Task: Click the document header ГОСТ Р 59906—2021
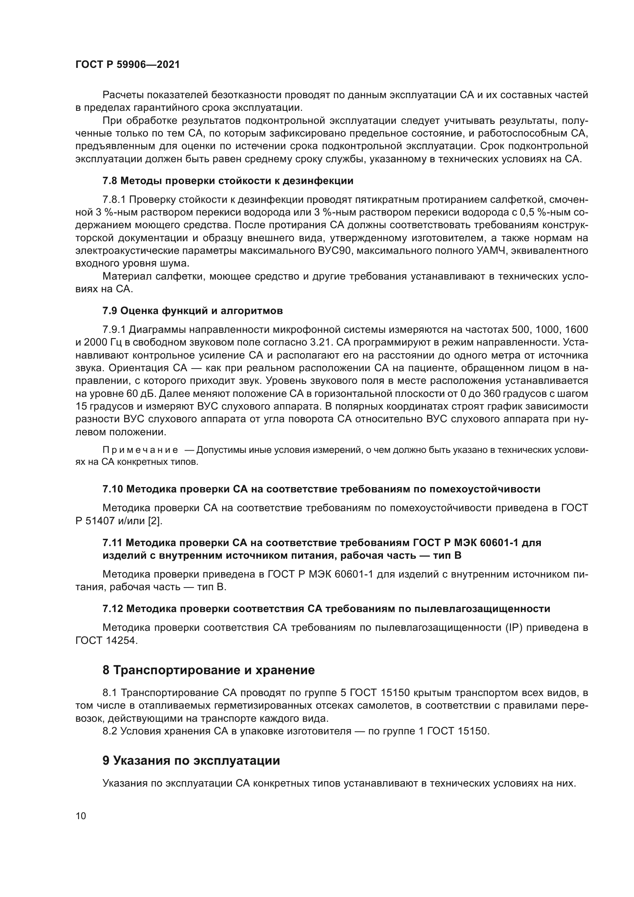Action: (128, 65)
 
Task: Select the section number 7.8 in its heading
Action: (110, 181)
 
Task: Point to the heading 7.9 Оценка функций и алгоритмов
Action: (192, 311)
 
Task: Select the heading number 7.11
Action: (113, 543)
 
